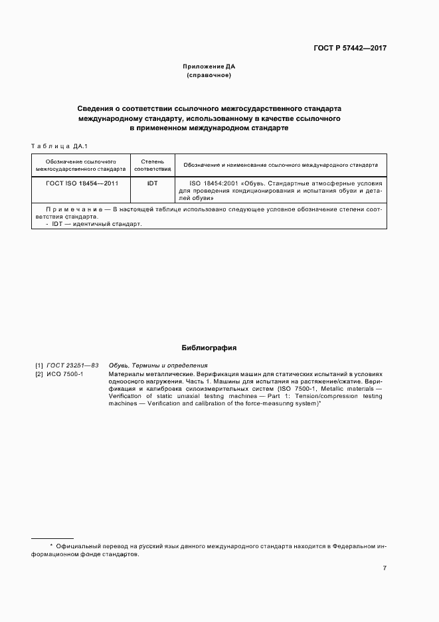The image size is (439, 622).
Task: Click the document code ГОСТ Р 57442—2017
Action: (x=350, y=49)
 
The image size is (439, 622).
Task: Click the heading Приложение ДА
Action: (x=209, y=67)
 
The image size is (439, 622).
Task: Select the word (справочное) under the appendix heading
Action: (x=209, y=76)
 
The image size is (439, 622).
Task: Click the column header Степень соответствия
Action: (x=152, y=165)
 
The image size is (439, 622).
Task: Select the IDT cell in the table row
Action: (x=152, y=183)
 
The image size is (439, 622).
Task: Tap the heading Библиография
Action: (x=209, y=348)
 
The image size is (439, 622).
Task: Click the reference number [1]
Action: (x=39, y=365)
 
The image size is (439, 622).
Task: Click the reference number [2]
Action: (x=39, y=374)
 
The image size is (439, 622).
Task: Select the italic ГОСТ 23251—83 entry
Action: (x=72, y=365)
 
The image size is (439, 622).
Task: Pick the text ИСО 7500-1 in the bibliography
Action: (x=64, y=374)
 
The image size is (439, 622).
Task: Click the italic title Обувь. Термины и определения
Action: (x=158, y=365)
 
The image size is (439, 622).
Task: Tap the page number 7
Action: (x=385, y=568)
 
